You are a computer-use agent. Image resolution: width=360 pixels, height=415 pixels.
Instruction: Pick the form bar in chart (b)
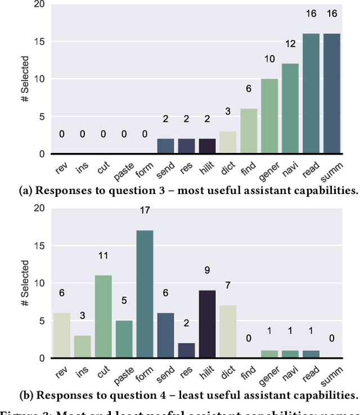[x=145, y=294]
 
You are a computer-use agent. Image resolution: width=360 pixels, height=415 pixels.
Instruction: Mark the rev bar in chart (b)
[x=62, y=335]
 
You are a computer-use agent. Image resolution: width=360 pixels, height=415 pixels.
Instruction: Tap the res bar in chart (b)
[x=187, y=350]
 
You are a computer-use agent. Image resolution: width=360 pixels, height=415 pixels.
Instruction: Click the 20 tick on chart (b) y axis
[x=38, y=208]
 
